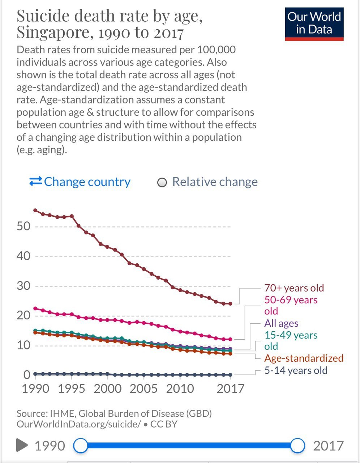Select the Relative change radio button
(x=162, y=183)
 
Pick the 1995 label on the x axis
(x=71, y=389)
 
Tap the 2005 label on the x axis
(x=143, y=389)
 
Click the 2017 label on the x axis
(x=231, y=389)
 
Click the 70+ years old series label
(x=294, y=288)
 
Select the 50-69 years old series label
(x=291, y=305)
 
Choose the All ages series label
(x=281, y=323)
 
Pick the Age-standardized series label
(x=304, y=358)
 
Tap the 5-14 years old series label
(x=296, y=370)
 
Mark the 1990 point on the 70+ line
(x=35, y=210)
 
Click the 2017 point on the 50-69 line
(x=230, y=339)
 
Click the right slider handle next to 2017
(x=297, y=446)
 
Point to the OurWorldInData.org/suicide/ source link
(x=78, y=424)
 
